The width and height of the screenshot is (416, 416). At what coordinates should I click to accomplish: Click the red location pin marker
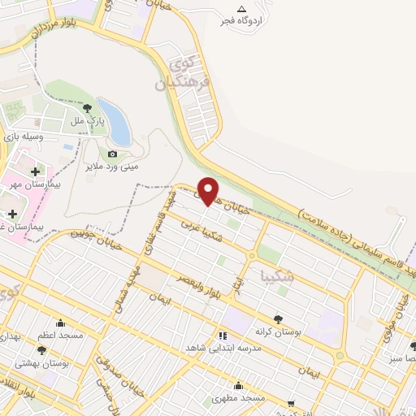[x=210, y=190]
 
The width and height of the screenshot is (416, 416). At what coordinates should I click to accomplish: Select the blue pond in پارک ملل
[x=116, y=120]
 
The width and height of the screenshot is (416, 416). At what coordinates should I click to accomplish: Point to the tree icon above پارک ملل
[x=88, y=109]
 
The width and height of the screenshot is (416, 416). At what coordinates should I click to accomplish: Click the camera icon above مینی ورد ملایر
[x=113, y=154]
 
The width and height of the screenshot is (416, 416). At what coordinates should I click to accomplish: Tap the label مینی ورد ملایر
[x=113, y=167]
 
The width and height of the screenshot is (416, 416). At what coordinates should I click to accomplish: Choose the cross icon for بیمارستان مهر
[x=34, y=171]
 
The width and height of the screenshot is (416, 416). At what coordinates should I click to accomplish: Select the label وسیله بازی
[x=22, y=137]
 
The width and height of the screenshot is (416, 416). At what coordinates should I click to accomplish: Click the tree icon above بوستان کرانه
[x=278, y=320]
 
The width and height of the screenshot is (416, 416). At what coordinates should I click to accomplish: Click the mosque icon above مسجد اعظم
[x=59, y=322]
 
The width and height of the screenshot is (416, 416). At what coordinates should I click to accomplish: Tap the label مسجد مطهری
[x=238, y=398]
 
